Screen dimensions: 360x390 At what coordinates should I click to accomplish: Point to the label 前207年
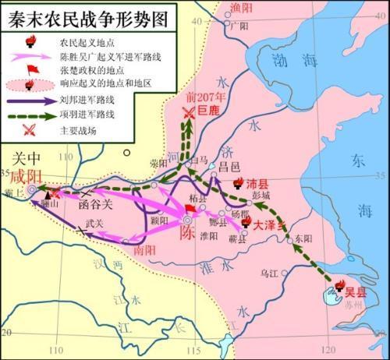click(205, 97)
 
